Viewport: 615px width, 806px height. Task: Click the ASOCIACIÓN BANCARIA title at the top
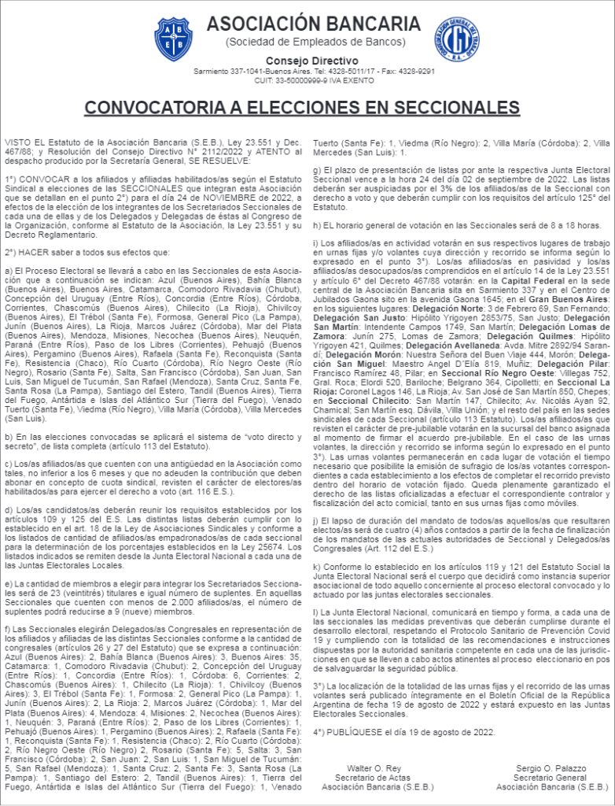point(314,24)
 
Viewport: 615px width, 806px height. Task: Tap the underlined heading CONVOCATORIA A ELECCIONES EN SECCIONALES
point(302,108)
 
